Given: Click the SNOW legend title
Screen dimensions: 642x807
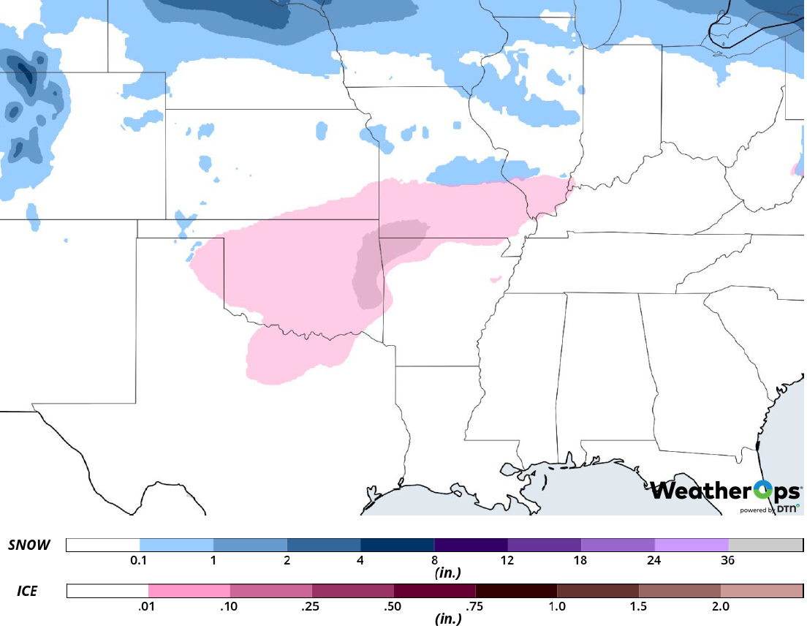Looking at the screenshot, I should [x=30, y=545].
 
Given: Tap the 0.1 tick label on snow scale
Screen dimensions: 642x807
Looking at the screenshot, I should [x=139, y=561].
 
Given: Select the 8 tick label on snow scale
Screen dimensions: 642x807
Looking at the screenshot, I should [x=433, y=561].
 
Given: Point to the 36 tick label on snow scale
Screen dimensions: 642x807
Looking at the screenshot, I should [x=727, y=561].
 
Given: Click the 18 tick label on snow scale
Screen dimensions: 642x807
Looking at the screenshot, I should [x=580, y=561].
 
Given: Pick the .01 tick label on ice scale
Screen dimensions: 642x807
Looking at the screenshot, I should [x=148, y=606].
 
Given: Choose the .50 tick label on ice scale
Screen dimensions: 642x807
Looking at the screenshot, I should [x=393, y=606].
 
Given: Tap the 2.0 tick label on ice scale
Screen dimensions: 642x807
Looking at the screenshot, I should [x=720, y=606].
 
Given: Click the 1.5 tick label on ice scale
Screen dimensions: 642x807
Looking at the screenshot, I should [x=638, y=606].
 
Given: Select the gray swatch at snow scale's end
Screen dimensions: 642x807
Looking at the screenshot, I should [x=765, y=545].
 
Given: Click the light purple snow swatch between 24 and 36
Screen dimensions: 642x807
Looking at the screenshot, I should [x=692, y=545].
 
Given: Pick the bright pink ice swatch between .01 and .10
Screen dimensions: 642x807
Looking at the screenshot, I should [x=189, y=591].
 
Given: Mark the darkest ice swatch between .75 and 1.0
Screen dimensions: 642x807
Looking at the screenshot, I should [x=516, y=591].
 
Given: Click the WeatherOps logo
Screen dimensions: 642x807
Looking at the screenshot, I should [x=725, y=491].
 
